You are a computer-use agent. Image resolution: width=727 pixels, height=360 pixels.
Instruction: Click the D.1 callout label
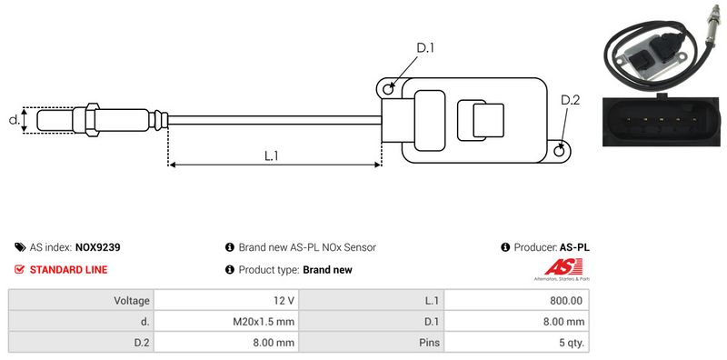pos(425,48)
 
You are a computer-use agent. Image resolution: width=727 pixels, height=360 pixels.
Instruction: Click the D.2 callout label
pos(571,100)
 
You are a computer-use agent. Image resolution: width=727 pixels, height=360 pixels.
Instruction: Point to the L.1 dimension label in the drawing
pos(271,155)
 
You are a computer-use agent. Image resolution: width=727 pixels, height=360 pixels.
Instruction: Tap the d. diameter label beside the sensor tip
pos(15,120)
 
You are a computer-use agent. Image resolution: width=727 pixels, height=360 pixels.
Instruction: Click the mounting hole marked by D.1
pos(388,87)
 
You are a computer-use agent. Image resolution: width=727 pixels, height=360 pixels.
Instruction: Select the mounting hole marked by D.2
pos(560,150)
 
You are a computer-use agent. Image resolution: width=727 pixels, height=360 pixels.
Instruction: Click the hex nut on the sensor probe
pos(93,120)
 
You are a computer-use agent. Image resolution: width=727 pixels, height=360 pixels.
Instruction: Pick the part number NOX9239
pos(97,247)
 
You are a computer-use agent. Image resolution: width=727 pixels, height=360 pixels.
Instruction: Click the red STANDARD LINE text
pos(69,269)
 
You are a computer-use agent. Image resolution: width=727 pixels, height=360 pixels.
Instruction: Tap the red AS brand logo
pos(563,267)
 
